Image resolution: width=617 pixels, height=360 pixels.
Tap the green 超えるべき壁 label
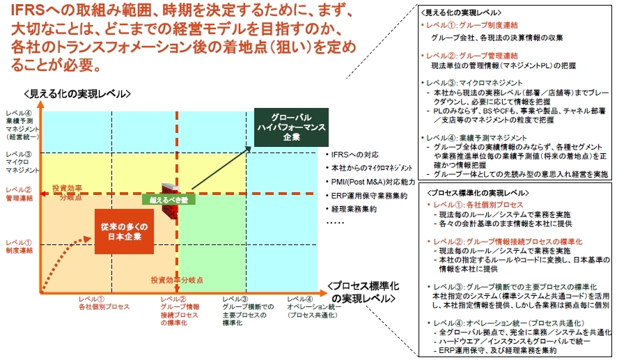(169, 199)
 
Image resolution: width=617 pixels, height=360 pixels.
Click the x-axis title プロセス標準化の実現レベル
(361, 292)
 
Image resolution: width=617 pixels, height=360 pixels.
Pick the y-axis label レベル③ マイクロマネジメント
(21, 162)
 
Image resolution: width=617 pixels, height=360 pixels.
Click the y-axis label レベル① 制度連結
(19, 247)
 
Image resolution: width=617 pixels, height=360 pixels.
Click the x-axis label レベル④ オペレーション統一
(313, 307)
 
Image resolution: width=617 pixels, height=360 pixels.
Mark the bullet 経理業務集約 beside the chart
(354, 208)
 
